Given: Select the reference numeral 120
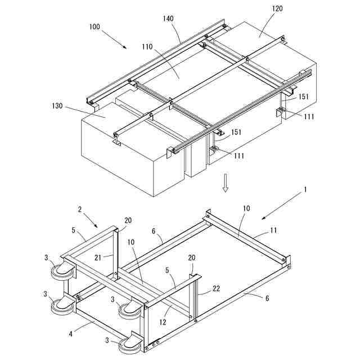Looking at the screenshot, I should click(276, 9).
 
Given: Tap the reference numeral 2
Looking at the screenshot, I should click(80, 209).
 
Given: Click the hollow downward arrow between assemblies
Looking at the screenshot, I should click(225, 182).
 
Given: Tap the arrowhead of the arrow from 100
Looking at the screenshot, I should click(127, 48).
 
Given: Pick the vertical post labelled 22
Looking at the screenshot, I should click(194, 301).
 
